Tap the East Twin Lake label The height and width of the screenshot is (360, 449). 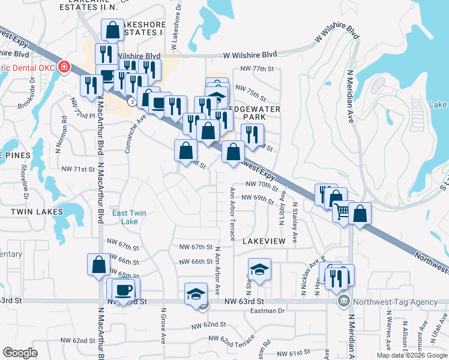tap(129, 217)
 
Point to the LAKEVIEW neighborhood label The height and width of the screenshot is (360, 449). tap(264, 240)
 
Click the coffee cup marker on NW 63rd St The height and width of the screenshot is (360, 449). tap(124, 290)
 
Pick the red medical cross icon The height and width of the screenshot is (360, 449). tap(63, 67)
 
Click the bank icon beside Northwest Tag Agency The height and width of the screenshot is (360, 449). tap(343, 301)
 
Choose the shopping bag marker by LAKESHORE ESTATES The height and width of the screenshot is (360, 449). tap(112, 29)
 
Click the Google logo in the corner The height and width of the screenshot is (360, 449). tap(20, 353)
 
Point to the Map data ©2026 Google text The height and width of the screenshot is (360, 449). tap(412, 355)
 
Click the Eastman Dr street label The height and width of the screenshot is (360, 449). tap(268, 310)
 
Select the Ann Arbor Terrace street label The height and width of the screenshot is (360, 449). tap(232, 211)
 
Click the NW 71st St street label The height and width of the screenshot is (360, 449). tap(78, 170)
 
